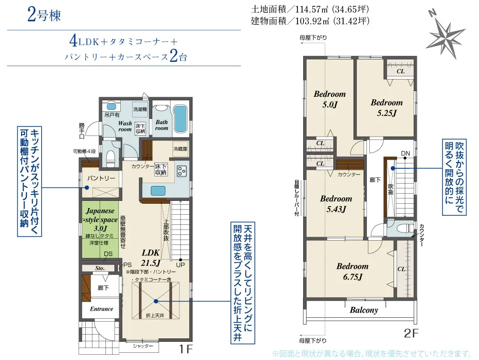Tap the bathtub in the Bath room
click(180, 118)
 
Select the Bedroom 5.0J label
click(330, 99)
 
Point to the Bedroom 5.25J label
click(387, 107)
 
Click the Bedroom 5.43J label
click(336, 203)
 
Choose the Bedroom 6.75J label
click(352, 271)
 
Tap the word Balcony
click(364, 310)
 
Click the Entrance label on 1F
click(102, 309)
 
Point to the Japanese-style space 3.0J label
click(100, 219)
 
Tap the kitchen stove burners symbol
click(182, 171)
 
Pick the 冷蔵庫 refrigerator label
click(181, 149)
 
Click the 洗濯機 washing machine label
click(140, 109)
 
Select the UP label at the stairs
click(181, 265)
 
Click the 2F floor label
click(411, 332)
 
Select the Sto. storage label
click(100, 268)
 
